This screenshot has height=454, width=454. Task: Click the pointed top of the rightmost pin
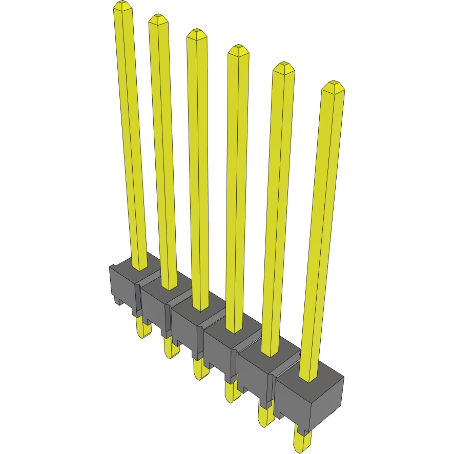click(333, 85)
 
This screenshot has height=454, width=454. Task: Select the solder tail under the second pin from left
click(170, 348)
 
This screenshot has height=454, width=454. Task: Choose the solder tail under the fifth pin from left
click(265, 415)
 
